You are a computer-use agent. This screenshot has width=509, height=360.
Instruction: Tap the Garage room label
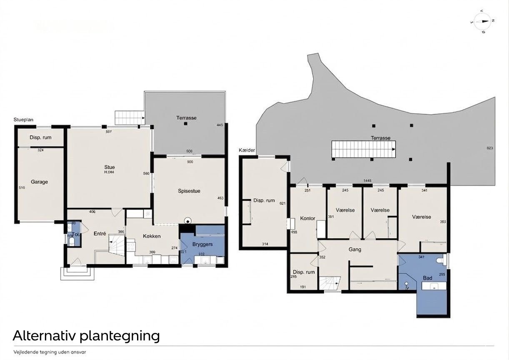(39, 182)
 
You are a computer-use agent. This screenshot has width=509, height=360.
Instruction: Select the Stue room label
(110, 167)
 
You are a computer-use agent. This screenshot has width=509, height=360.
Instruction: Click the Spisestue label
(189, 191)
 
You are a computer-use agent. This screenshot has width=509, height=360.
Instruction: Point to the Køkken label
(152, 236)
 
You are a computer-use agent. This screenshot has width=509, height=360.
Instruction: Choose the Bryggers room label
(203, 244)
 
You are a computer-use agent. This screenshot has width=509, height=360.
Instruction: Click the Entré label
(100, 234)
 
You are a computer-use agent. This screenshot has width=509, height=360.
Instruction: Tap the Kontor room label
(308, 218)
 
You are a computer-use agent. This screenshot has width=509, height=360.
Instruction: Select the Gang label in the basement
(355, 250)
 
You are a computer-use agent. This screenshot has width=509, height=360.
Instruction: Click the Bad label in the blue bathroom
(427, 278)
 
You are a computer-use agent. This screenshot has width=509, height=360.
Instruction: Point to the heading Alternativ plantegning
(86, 336)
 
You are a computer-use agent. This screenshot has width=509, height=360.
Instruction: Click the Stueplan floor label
(23, 120)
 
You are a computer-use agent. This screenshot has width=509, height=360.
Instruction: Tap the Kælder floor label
(247, 150)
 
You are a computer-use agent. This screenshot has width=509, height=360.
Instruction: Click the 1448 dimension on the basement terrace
(367, 181)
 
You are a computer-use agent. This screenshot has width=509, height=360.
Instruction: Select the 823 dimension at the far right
(489, 148)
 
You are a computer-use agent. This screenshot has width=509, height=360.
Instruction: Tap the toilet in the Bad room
(439, 260)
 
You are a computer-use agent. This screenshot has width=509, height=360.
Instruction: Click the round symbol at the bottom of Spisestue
(188, 221)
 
